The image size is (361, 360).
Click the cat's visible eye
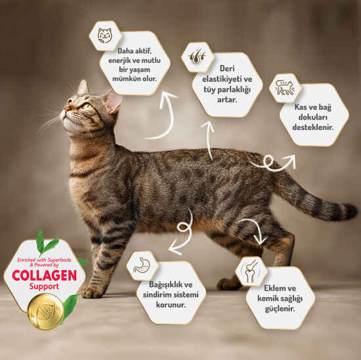point(86,106)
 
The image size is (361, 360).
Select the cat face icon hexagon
point(104,36)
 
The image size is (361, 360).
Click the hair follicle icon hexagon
point(196,56)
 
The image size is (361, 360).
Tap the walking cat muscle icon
point(285,88)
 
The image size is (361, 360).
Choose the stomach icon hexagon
point(142,266)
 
